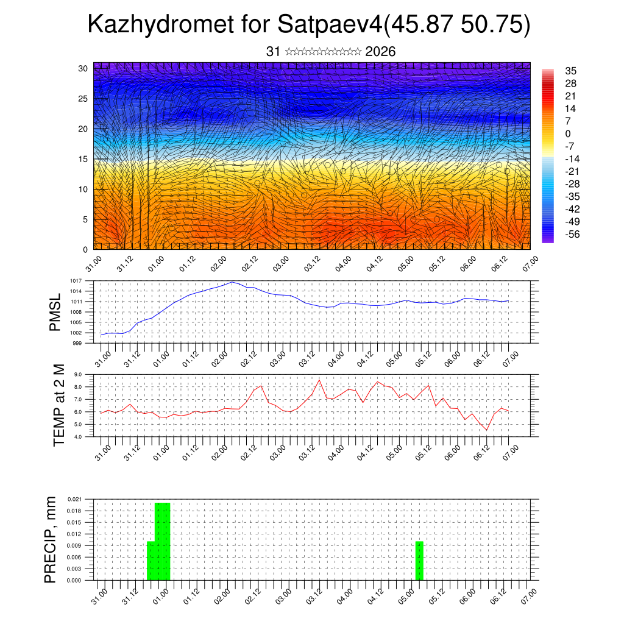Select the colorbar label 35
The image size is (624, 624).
click(570, 71)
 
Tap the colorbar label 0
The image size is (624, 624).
click(568, 133)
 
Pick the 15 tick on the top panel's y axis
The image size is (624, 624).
click(83, 159)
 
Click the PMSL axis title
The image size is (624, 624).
click(55, 312)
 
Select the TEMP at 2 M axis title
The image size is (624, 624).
click(58, 405)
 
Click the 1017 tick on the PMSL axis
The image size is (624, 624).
click(76, 281)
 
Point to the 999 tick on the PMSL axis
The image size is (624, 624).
click(77, 343)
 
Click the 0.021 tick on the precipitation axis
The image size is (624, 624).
click(75, 499)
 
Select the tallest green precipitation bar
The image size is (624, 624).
click(162, 541)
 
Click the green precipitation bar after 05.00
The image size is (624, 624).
click(419, 561)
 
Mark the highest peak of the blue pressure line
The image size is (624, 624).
click(232, 282)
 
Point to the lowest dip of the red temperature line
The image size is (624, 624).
click(486, 430)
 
